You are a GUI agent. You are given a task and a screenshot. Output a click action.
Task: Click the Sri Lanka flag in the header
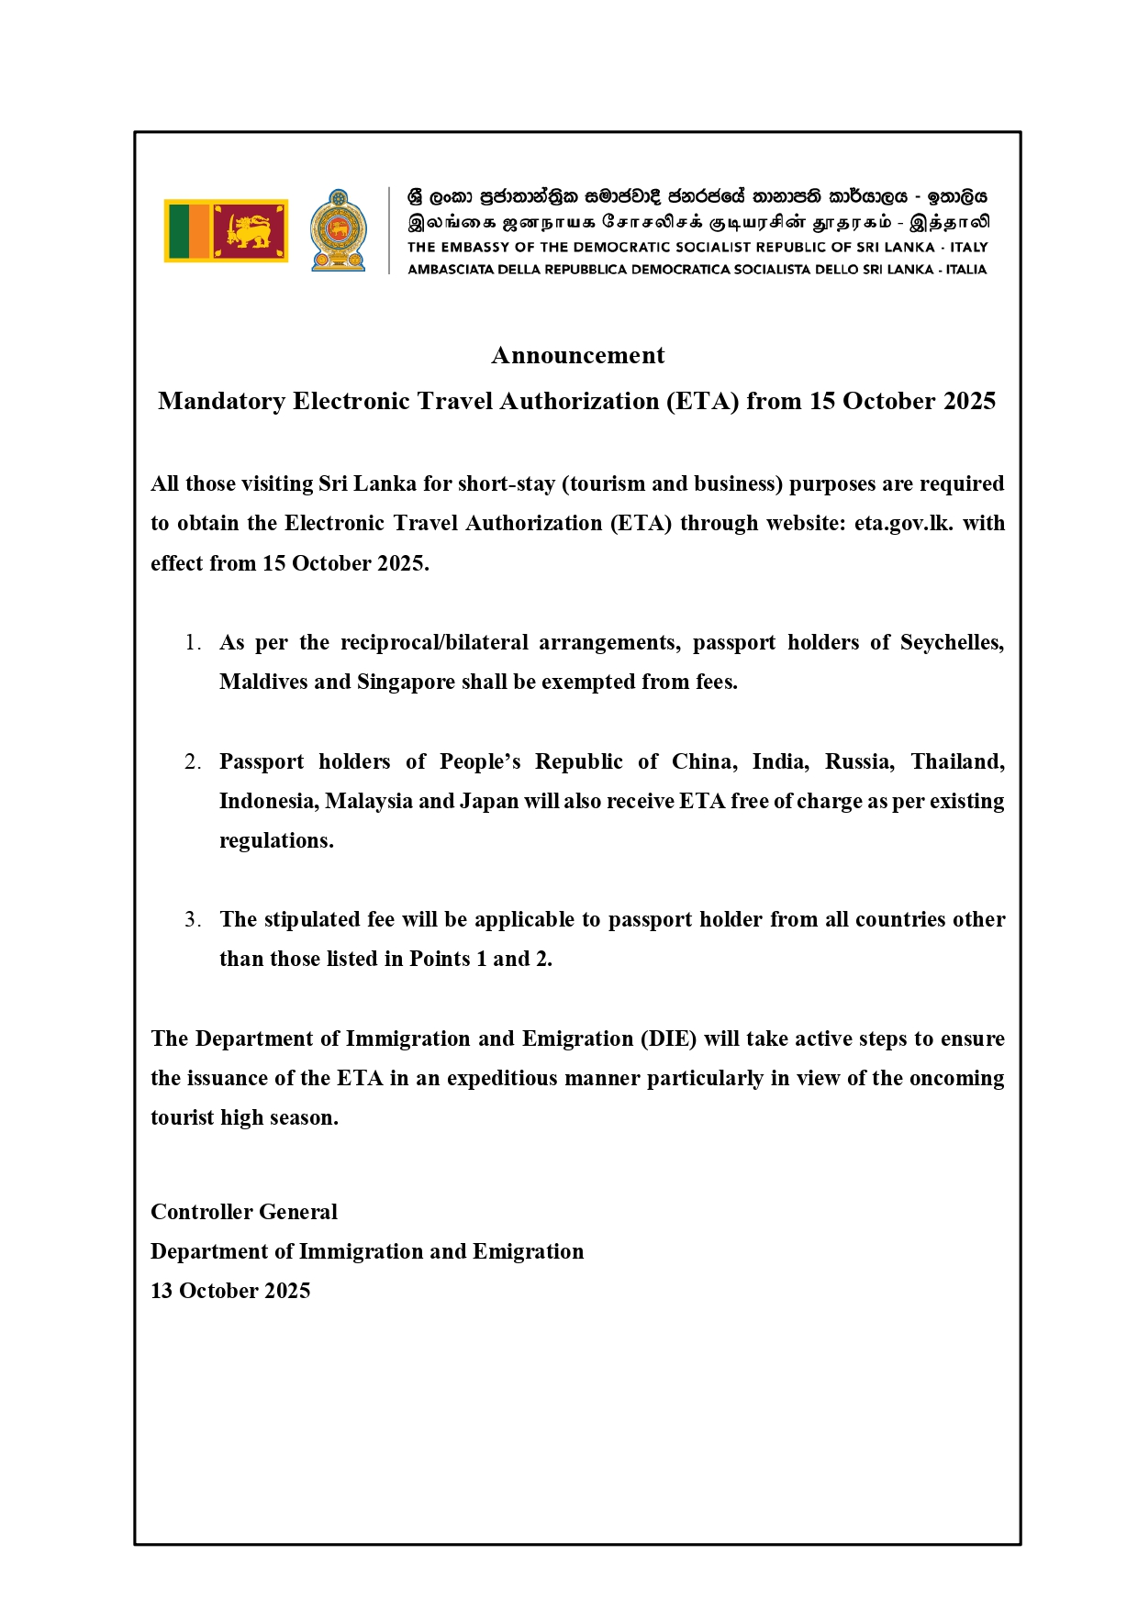point(226,230)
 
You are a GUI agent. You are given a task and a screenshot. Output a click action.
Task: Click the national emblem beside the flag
point(339,230)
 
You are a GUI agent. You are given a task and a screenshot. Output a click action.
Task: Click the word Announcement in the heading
point(577,355)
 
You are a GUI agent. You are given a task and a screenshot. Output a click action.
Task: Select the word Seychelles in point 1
point(951,642)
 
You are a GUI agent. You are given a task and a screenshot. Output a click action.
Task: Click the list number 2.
point(193,761)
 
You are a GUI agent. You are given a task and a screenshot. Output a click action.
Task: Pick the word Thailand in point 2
point(956,761)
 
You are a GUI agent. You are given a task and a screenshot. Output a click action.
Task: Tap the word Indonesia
point(269,801)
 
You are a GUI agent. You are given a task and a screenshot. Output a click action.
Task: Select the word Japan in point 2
point(489,801)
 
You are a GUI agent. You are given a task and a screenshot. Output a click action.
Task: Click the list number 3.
point(193,919)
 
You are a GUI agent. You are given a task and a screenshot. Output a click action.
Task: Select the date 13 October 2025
point(230,1291)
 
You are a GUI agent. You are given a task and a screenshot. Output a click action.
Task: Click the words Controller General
point(244,1212)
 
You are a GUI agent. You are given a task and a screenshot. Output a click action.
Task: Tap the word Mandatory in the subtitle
point(221,401)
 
